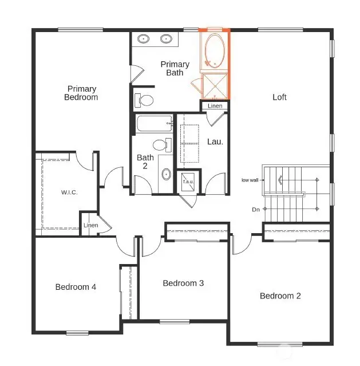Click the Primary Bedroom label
[x=82, y=93]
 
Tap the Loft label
[x=279, y=97]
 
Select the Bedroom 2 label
[x=280, y=296]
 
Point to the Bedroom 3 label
[x=183, y=283]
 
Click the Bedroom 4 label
[x=76, y=287]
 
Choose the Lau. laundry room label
[x=215, y=141]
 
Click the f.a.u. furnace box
[x=188, y=182]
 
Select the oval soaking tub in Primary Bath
[x=214, y=51]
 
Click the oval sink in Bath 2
[x=166, y=174]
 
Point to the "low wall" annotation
[x=250, y=180]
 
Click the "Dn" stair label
[x=256, y=210]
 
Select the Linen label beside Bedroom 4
[x=91, y=225]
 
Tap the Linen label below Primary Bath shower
[x=215, y=106]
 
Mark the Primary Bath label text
[x=174, y=68]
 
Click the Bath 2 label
[x=145, y=162]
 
